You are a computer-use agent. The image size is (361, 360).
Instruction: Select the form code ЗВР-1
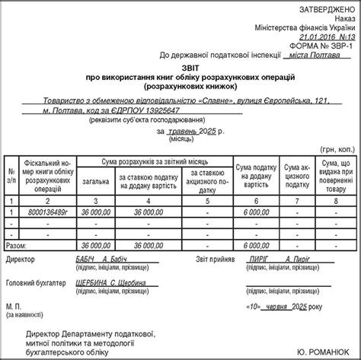click(334, 45)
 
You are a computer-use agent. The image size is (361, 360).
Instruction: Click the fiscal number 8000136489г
click(47, 211)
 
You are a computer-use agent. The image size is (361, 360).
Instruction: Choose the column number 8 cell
click(336, 199)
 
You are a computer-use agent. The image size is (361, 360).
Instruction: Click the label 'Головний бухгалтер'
click(39, 282)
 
